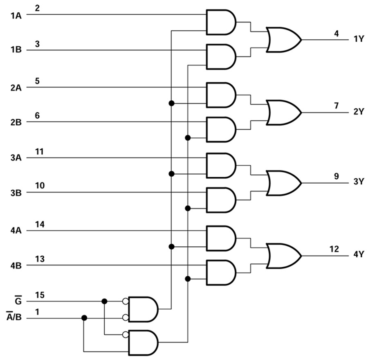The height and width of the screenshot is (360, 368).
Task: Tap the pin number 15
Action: [x=40, y=295]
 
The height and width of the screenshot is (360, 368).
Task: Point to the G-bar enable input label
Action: [x=18, y=301]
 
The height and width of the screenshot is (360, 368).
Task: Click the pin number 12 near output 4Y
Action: [x=334, y=249]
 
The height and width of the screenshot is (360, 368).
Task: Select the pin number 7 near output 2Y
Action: [x=336, y=106]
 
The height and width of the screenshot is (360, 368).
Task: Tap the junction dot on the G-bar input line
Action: [x=104, y=301]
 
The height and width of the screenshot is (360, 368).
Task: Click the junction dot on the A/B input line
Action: [x=84, y=317]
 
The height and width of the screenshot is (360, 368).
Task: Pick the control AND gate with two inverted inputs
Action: [x=143, y=309]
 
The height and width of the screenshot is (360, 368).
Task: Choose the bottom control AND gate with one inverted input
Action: [x=143, y=342]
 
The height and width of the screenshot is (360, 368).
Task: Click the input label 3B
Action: [x=16, y=192]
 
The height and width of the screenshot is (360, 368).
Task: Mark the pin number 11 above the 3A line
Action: [x=40, y=151]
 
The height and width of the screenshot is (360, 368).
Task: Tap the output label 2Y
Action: [x=359, y=112]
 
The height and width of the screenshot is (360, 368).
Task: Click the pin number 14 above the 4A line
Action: [x=40, y=225]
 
